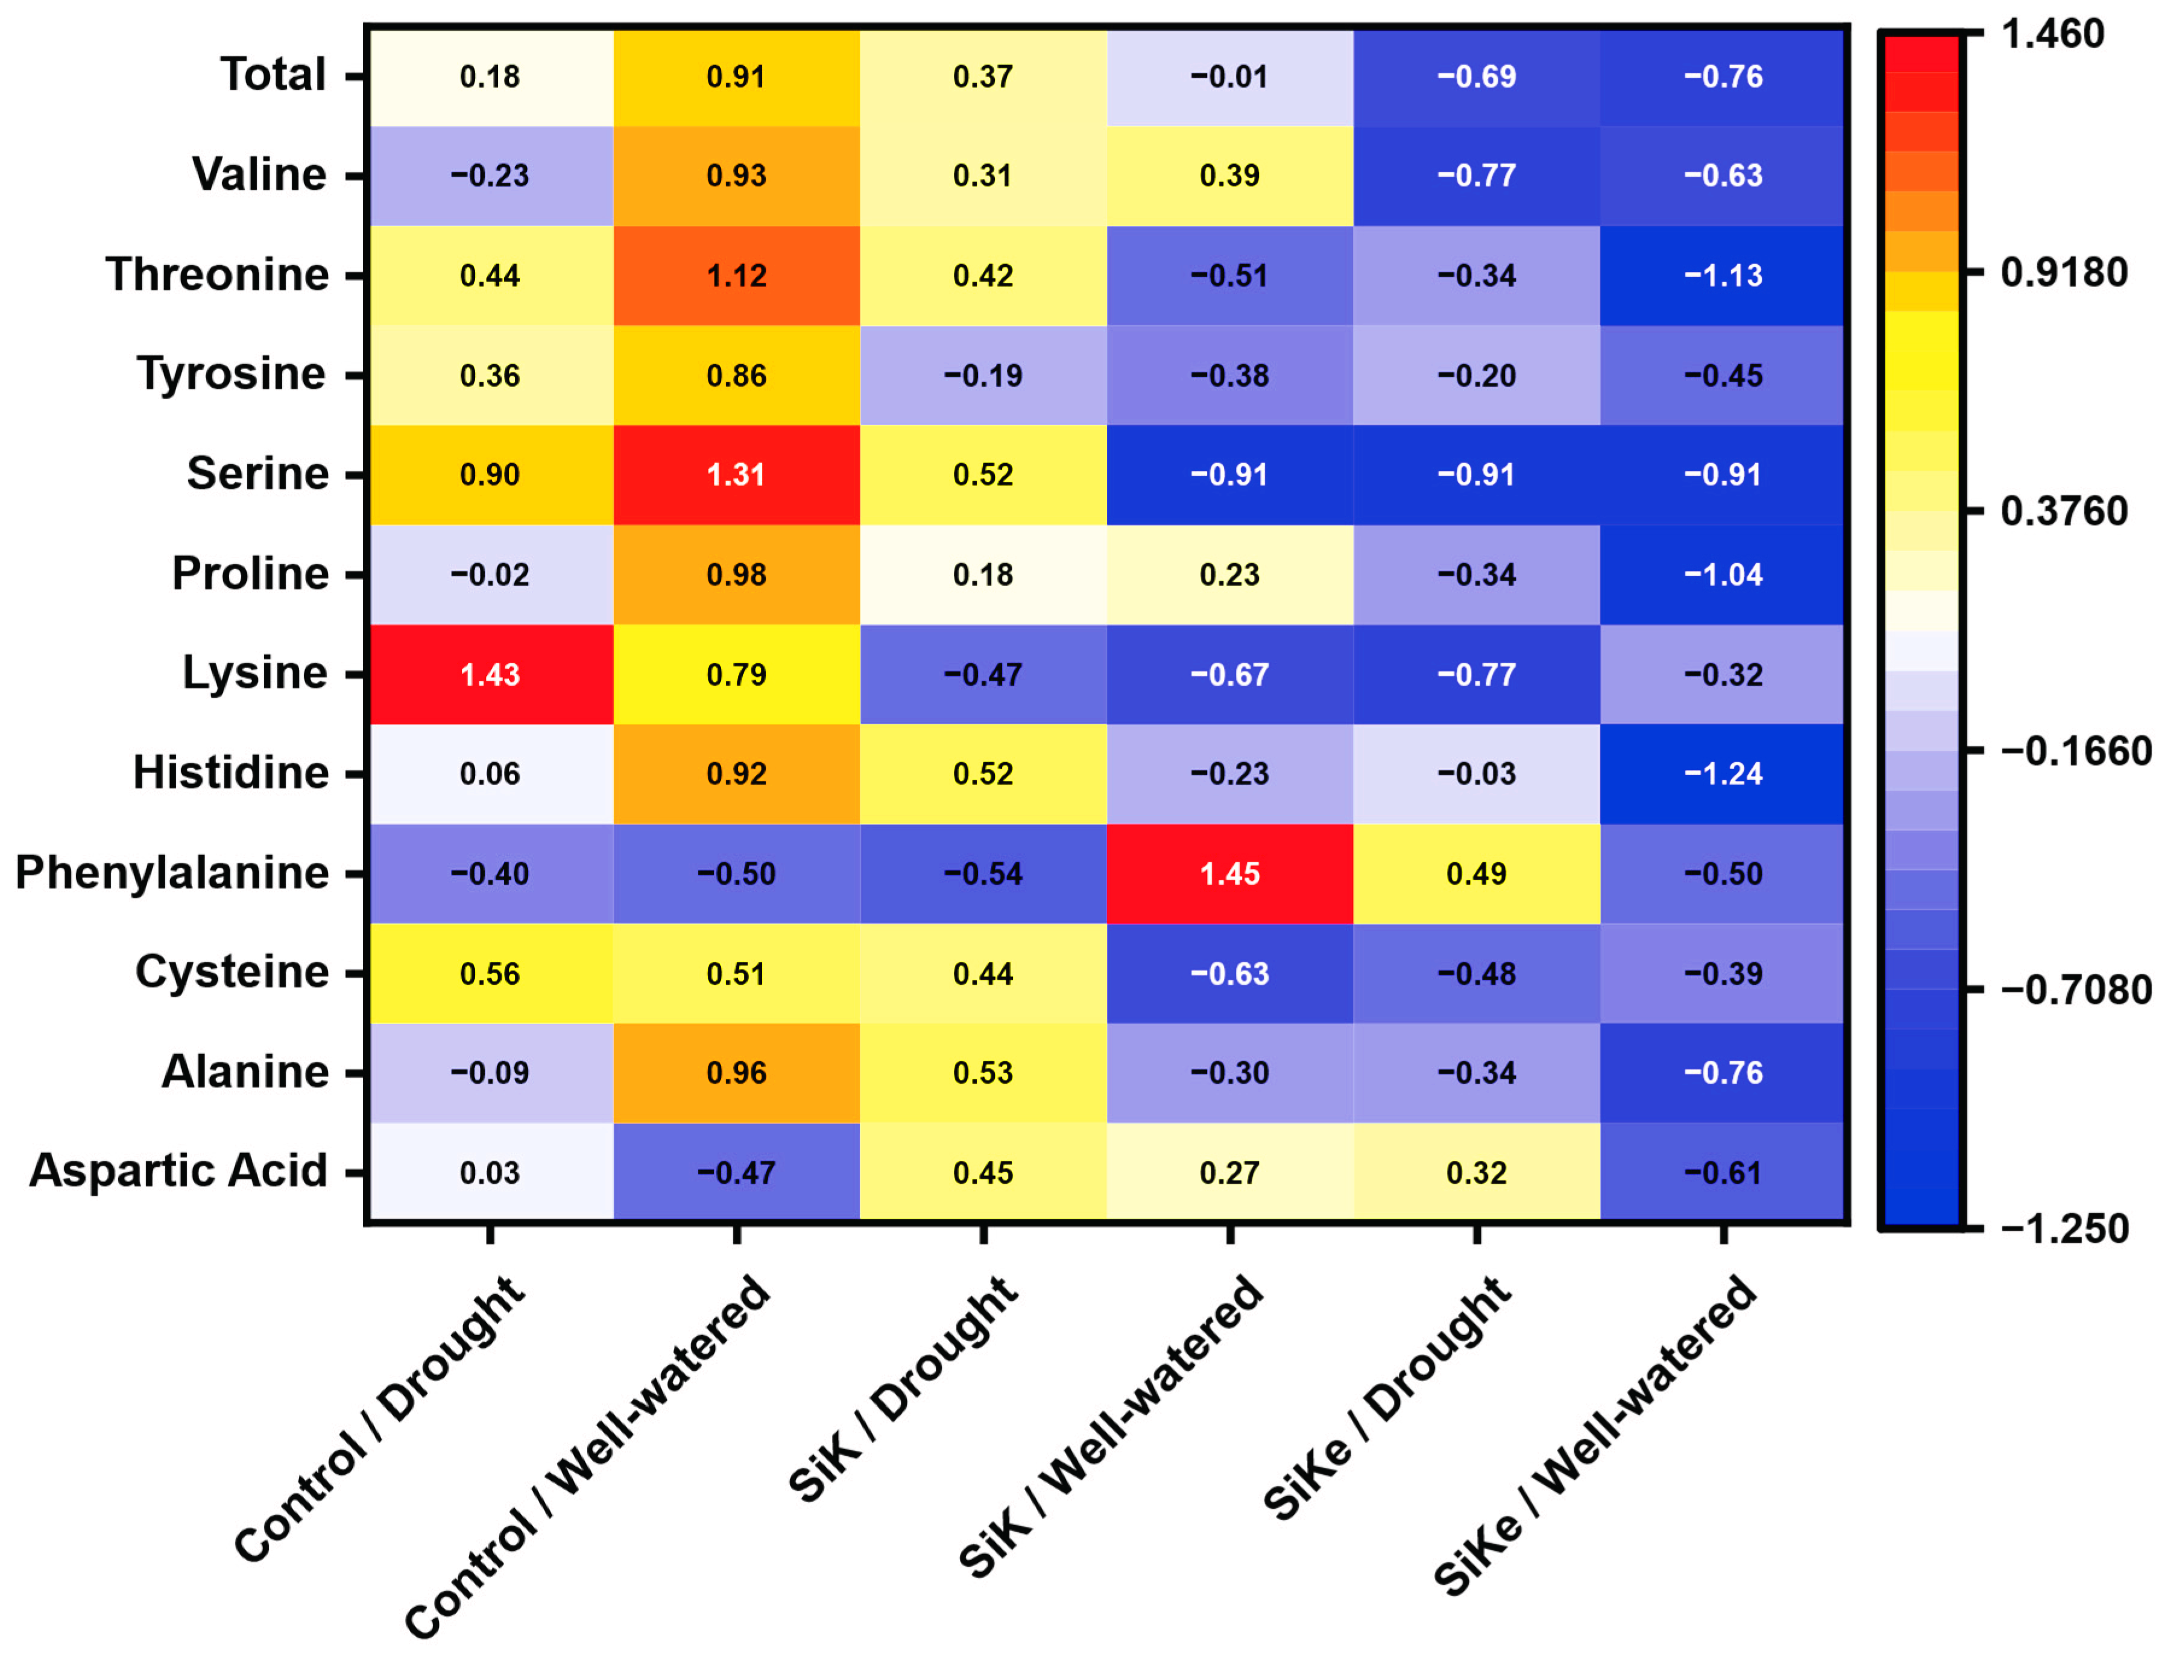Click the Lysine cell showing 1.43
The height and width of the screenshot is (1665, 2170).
[x=490, y=675]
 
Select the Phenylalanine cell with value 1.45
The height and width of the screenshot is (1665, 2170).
[x=1229, y=874]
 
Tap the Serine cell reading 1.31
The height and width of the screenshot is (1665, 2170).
[x=736, y=475]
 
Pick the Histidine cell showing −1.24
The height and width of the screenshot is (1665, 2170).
[x=1723, y=774]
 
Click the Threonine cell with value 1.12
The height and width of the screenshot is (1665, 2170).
[x=736, y=276]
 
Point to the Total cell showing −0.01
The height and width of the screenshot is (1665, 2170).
[x=1229, y=77]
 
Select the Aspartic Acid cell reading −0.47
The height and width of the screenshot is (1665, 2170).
[x=736, y=1172]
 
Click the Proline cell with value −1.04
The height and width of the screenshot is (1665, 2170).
[x=1723, y=575]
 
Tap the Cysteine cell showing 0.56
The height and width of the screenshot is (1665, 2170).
[x=490, y=973]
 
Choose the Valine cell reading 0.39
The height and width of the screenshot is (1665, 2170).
[x=1229, y=175]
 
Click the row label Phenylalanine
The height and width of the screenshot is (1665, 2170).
[x=171, y=873]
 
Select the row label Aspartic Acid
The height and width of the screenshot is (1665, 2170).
[x=178, y=1171]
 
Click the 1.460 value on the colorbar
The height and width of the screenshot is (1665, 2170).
[x=2051, y=35]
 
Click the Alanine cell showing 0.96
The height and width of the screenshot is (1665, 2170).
[x=736, y=1072]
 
